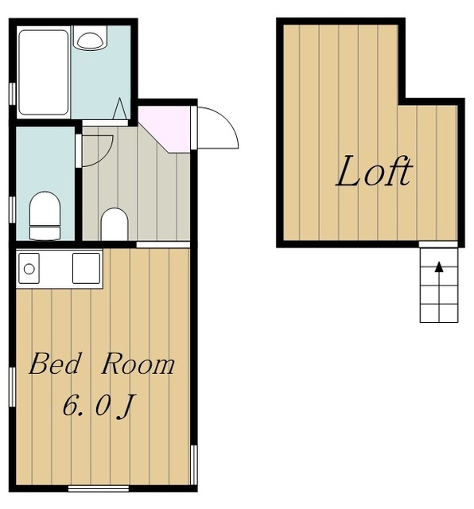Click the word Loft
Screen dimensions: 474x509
pyautogui.click(x=375, y=171)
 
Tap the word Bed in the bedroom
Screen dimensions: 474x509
pyautogui.click(x=54, y=363)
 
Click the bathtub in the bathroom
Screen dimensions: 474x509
pyautogui.click(x=44, y=72)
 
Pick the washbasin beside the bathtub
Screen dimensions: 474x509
pyautogui.click(x=90, y=38)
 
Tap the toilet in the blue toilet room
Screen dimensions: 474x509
pyautogui.click(x=45, y=216)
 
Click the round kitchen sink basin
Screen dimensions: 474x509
pyautogui.click(x=29, y=269)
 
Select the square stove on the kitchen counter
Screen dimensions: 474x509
pyautogui.click(x=87, y=269)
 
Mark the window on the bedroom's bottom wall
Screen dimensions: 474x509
pyautogui.click(x=99, y=488)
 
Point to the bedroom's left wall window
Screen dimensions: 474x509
pyautogui.click(x=12, y=387)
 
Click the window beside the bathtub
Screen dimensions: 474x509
pyautogui.click(x=12, y=94)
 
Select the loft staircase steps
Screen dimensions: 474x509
pyautogui.click(x=439, y=286)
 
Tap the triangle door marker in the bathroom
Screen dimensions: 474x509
pyautogui.click(x=120, y=108)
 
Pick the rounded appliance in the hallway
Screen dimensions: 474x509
pyautogui.click(x=115, y=224)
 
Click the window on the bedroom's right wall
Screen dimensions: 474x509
pyautogui.click(x=194, y=464)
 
